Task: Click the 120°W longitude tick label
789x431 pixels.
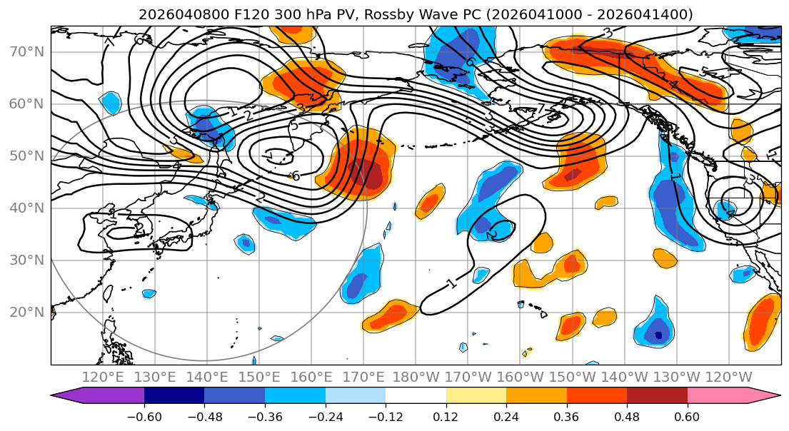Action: click(x=728, y=377)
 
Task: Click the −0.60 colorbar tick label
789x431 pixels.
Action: click(x=144, y=415)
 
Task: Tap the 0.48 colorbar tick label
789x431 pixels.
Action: click(x=627, y=415)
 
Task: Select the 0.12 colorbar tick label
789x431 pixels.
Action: click(x=446, y=415)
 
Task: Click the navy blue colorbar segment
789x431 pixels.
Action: click(x=174, y=396)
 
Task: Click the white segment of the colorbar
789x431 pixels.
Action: click(x=416, y=396)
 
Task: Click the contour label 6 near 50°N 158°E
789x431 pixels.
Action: click(x=295, y=176)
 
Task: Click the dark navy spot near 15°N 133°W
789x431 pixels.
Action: click(x=658, y=335)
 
